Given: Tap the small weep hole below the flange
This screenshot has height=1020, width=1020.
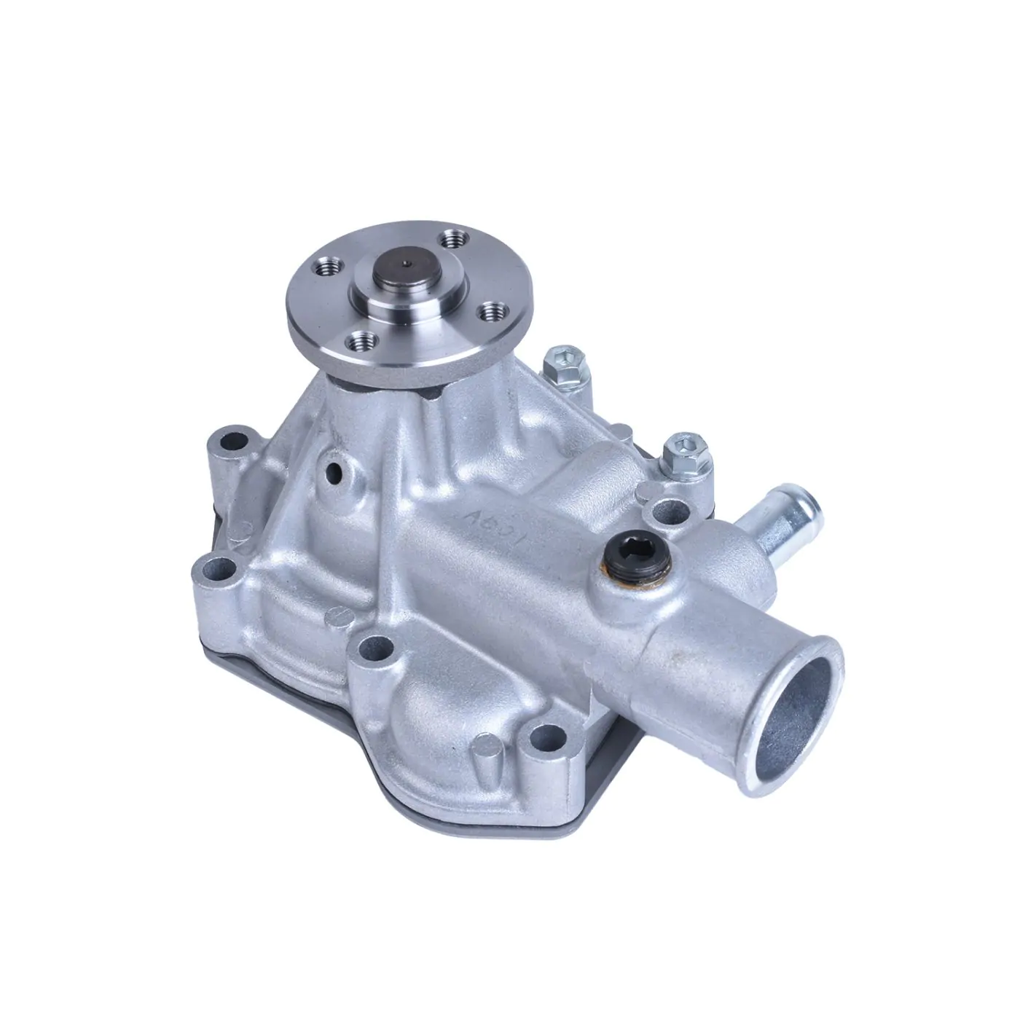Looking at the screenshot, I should point(336,472).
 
